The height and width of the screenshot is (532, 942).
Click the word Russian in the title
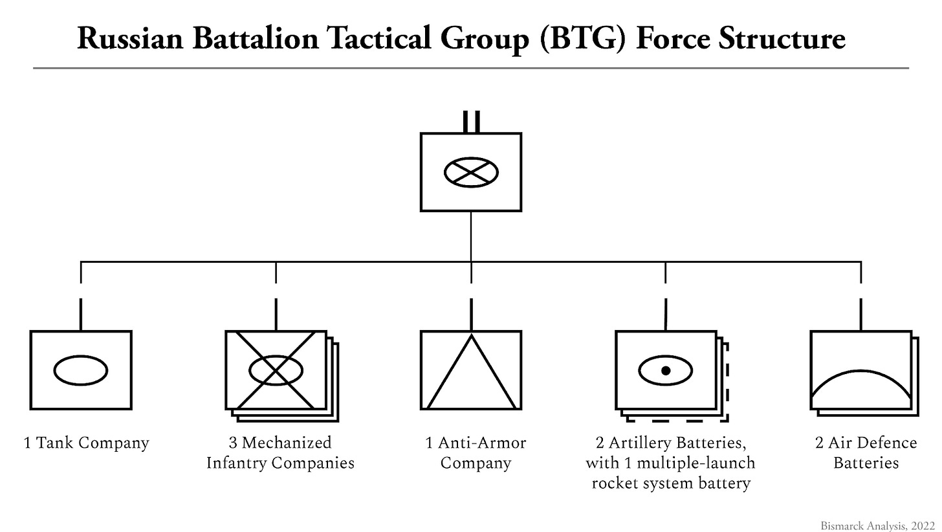(x=130, y=39)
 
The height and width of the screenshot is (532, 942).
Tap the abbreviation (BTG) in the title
(x=582, y=39)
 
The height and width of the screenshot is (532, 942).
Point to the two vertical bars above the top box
(x=471, y=122)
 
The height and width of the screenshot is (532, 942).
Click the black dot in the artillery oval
(x=666, y=370)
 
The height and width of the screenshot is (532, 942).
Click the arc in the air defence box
(x=861, y=371)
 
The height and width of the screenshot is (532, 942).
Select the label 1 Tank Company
(x=86, y=443)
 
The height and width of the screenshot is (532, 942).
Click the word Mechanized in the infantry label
(x=287, y=443)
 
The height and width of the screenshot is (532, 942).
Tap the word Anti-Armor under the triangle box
(x=482, y=443)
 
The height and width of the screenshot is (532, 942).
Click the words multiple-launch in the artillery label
(x=696, y=463)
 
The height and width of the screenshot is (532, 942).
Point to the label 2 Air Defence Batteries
(x=866, y=452)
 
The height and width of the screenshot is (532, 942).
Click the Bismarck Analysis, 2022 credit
(x=878, y=526)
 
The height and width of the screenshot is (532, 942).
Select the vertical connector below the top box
(x=471, y=236)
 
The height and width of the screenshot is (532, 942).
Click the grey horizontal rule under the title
(x=471, y=68)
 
